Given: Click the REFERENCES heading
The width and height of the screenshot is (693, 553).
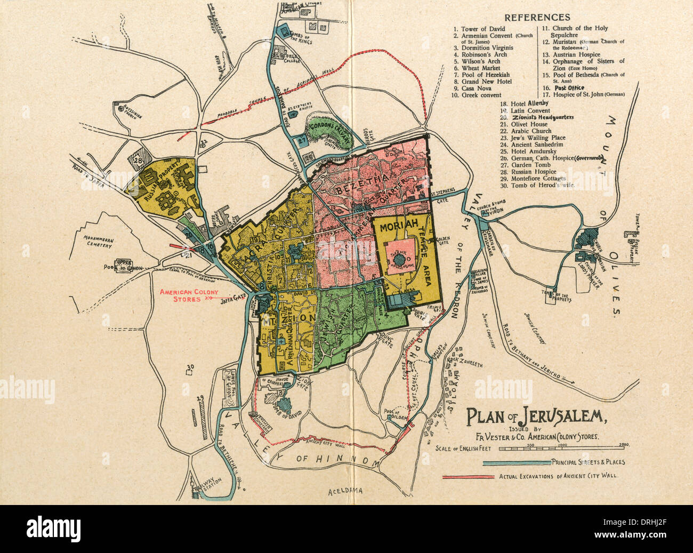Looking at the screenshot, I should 537,17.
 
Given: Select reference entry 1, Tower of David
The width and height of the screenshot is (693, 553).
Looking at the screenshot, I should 480,29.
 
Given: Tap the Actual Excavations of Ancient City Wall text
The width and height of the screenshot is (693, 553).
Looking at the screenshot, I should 559,477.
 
